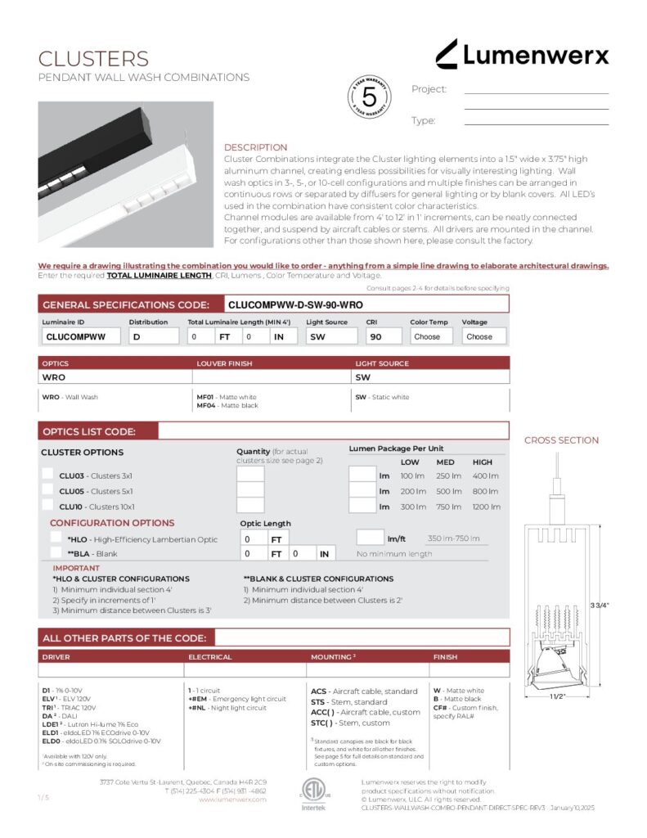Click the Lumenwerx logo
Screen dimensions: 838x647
click(522, 55)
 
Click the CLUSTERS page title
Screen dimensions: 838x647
click(93, 59)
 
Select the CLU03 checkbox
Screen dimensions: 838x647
click(48, 475)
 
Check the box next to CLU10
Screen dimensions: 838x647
click(48, 507)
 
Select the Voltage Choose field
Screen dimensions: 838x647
click(483, 336)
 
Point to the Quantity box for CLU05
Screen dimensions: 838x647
click(250, 491)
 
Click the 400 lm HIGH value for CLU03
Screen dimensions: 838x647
click(485, 476)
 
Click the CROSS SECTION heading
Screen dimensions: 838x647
click(561, 440)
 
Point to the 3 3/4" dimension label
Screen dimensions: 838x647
click(622, 605)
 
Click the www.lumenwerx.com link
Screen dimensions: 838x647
click(233, 800)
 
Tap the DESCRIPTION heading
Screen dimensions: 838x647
click(255, 147)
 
